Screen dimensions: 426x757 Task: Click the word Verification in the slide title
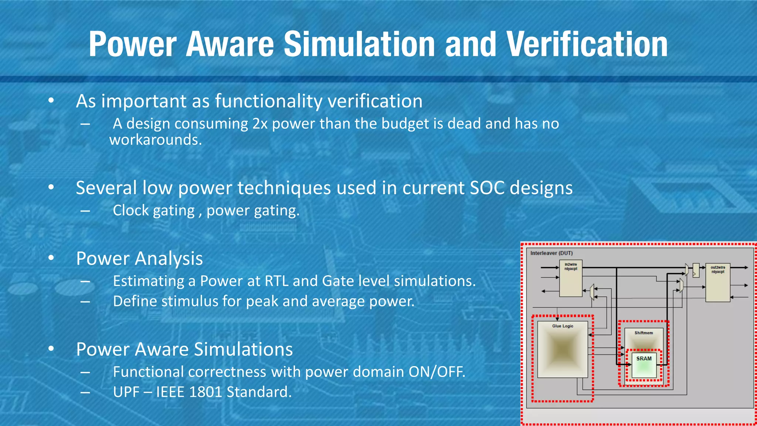click(587, 44)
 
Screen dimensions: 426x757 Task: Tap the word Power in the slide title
click(132, 44)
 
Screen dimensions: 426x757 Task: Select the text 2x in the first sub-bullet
click(260, 124)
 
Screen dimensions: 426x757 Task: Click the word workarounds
click(156, 140)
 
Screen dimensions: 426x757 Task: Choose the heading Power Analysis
click(139, 258)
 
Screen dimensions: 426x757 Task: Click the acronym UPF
click(126, 392)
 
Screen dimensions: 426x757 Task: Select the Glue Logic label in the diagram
click(563, 326)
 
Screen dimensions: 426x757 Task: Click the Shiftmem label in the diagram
click(644, 333)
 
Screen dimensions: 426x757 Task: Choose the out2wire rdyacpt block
click(717, 283)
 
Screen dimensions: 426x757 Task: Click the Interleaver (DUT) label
click(551, 253)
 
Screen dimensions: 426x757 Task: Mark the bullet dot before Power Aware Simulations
click(51, 349)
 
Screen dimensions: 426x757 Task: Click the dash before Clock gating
click(85, 211)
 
